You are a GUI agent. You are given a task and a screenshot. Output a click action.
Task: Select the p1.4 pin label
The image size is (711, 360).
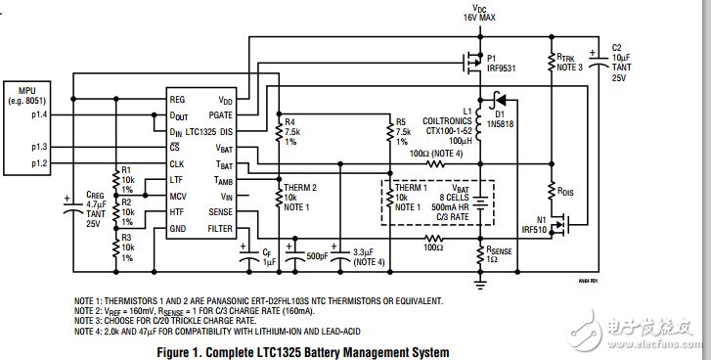39,115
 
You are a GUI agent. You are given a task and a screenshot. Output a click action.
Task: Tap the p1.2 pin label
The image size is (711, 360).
39,163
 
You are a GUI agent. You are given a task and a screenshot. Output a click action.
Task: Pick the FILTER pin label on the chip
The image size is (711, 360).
219,228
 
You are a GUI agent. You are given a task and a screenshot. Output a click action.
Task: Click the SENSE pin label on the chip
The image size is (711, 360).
220,211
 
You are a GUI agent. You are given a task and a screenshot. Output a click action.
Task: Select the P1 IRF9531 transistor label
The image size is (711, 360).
503,64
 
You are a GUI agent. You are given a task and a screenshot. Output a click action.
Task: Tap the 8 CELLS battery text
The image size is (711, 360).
465,197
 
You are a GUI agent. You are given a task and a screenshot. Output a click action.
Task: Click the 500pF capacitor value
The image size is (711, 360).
315,256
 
